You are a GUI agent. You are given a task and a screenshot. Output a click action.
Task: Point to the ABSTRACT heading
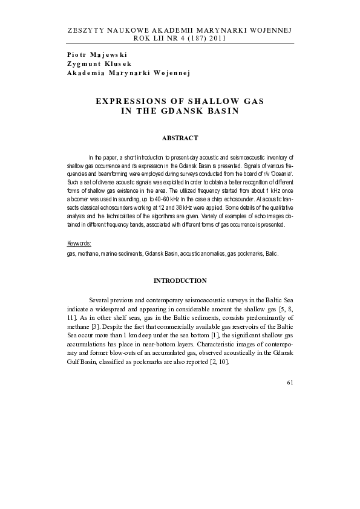[x=180, y=139]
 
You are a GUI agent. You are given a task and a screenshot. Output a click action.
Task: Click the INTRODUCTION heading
[x=180, y=281]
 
